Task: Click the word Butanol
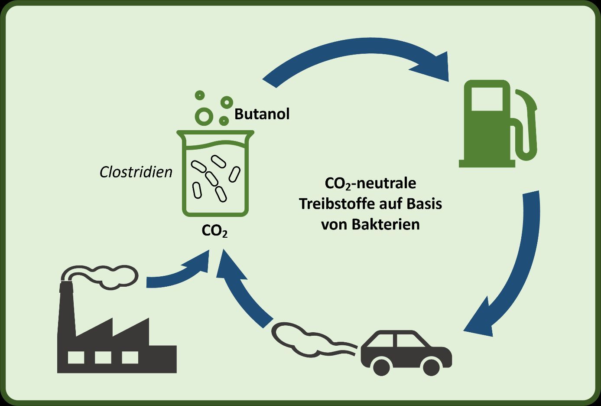262,114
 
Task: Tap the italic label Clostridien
136,172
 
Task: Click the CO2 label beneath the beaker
214,231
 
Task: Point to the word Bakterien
386,225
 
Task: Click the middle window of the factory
103,357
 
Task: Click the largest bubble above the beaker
204,117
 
